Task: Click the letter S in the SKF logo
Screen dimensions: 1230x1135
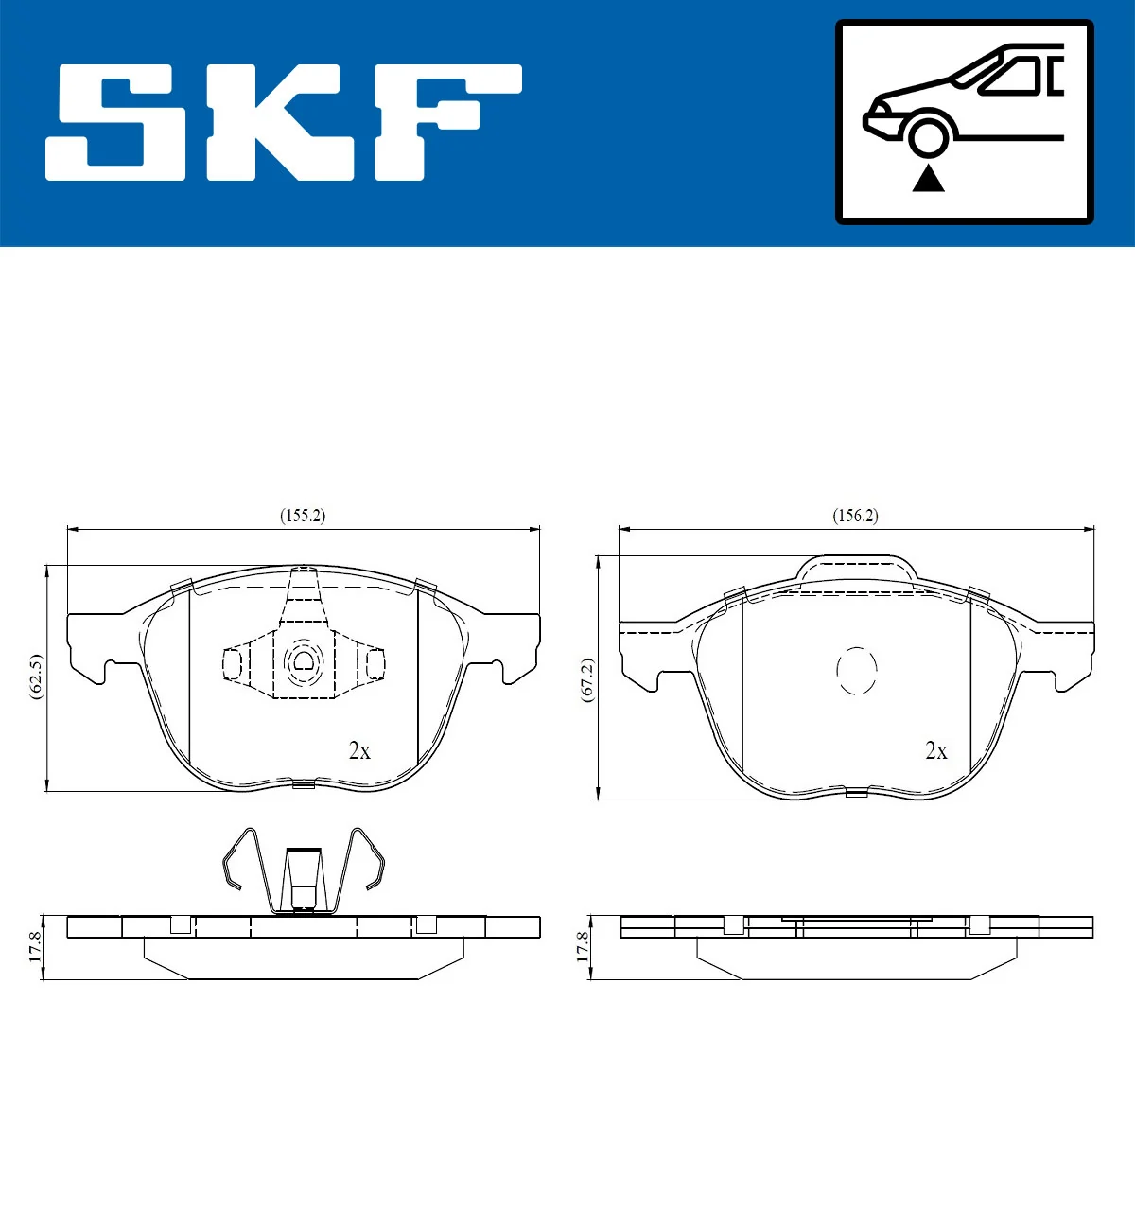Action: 116,122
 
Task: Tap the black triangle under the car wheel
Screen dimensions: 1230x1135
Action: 928,177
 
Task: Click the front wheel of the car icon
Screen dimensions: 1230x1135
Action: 927,133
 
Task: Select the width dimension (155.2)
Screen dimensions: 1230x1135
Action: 302,516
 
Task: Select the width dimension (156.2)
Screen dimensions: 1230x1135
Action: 854,516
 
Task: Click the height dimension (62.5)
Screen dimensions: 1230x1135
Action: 36,676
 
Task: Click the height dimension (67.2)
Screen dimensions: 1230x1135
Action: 587,679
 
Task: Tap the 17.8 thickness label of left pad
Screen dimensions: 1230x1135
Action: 35,947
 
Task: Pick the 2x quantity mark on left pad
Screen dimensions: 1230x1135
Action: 359,750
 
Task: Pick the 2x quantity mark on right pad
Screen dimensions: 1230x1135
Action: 935,750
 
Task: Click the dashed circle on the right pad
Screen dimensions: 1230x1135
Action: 857,671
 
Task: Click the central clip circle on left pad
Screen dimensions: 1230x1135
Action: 303,661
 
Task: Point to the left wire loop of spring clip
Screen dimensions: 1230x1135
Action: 242,859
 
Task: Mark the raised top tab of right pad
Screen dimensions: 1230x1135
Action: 857,568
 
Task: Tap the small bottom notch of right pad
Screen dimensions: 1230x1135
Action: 856,792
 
